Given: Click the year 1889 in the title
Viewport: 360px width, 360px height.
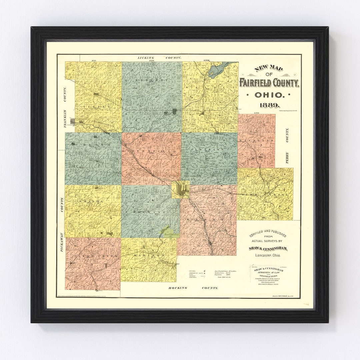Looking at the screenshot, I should [269, 105].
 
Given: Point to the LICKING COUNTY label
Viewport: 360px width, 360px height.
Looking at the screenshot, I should [159, 58].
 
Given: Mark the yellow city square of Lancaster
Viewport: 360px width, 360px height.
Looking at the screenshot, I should [181, 189].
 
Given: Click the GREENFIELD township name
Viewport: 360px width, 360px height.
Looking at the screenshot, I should [152, 151].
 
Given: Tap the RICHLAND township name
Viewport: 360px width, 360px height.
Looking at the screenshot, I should [256, 141].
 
